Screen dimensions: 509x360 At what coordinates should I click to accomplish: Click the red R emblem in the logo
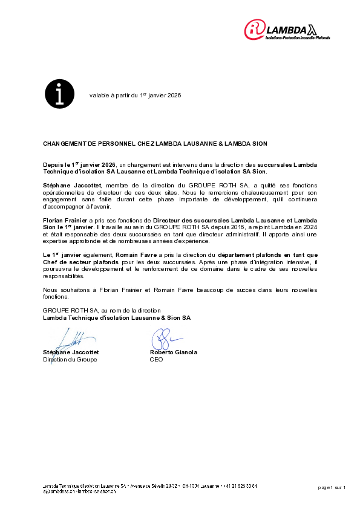click(255, 29)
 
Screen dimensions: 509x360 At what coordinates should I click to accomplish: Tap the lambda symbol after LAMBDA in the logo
click(312, 28)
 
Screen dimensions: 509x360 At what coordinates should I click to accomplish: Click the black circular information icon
click(59, 94)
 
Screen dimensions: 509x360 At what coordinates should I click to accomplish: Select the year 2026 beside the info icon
click(174, 96)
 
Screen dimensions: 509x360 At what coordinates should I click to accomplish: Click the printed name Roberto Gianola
click(173, 352)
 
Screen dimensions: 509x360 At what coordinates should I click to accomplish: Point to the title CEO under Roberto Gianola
click(156, 359)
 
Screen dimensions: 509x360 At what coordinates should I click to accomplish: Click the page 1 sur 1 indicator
click(332, 487)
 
